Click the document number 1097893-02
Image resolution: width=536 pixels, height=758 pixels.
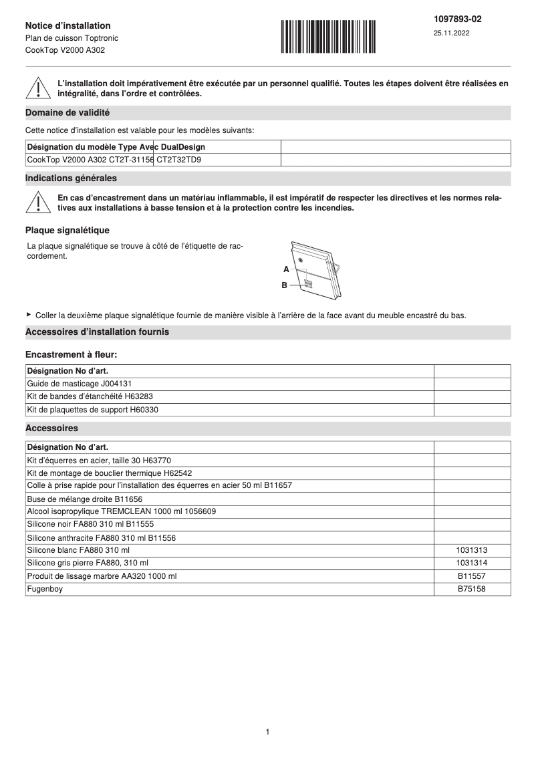point(457,19)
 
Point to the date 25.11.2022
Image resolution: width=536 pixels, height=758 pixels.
point(451,33)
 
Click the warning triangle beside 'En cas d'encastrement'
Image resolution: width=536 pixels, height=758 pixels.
point(39,203)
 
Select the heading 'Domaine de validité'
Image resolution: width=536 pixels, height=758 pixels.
point(68,113)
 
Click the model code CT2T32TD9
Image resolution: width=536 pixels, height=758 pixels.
point(179,160)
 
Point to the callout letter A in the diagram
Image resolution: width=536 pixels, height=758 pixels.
point(285,269)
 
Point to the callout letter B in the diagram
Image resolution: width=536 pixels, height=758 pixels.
point(284,285)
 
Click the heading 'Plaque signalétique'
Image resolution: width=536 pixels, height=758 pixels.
point(67,231)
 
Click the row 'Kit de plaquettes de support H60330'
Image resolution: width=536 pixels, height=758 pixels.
point(92,410)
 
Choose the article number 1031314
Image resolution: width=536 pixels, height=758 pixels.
point(472,563)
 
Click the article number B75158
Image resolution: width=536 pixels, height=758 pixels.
point(472,589)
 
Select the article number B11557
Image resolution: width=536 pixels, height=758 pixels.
point(472,576)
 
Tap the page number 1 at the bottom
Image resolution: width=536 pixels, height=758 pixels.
point(267,732)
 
